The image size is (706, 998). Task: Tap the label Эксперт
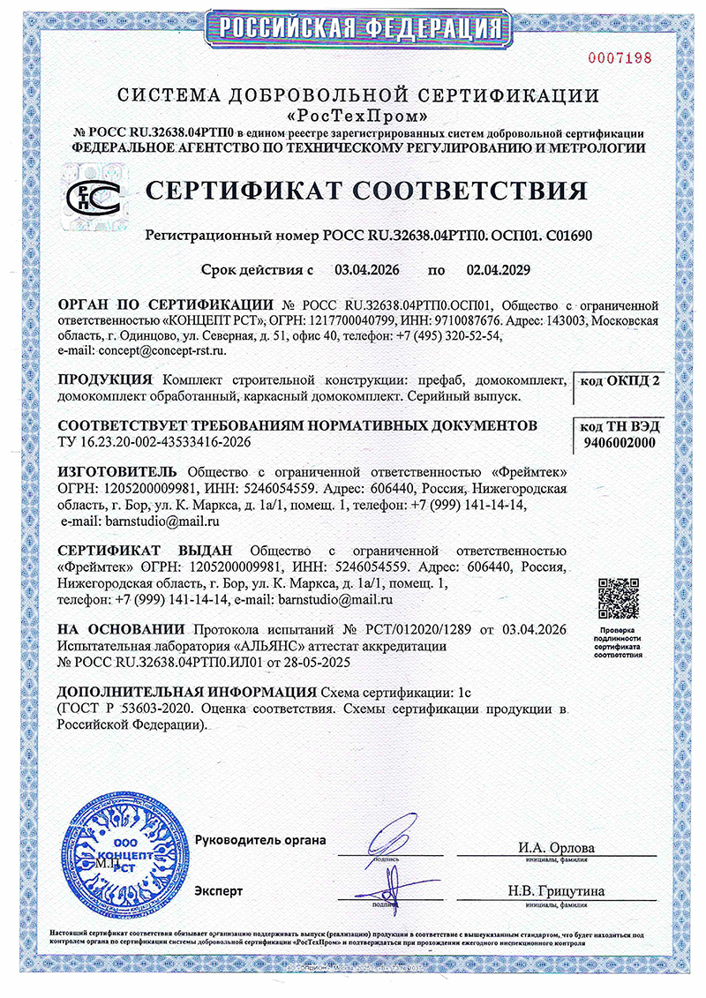click(x=219, y=891)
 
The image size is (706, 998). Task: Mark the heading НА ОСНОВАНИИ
click(x=121, y=629)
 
